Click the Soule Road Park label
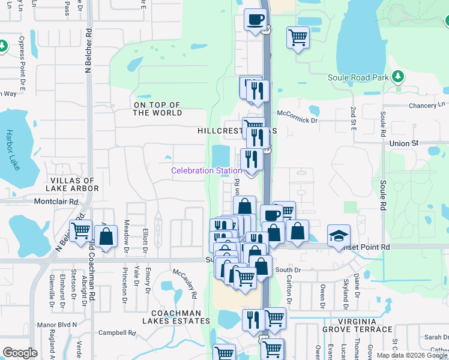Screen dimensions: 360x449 tap(358, 77)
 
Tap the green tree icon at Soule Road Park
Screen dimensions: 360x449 tap(397, 76)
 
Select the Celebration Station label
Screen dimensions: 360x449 tap(206, 170)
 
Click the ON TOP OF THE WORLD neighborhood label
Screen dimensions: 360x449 tap(158, 109)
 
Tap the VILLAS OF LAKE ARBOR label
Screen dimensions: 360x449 tap(73, 185)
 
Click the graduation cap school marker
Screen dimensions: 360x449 tap(339, 235)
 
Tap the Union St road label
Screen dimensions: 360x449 tap(403, 144)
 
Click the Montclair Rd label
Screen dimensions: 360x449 tap(56, 202)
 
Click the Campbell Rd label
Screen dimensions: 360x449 tap(118, 332)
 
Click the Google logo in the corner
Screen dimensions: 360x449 tap(20, 353)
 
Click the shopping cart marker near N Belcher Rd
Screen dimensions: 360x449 tap(80, 230)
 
